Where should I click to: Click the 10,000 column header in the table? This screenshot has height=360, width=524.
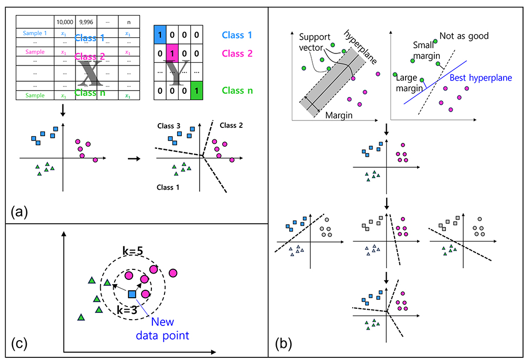[65, 22]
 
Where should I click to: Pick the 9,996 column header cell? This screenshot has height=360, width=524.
[85, 22]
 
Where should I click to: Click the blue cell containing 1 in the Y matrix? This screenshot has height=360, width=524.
[160, 36]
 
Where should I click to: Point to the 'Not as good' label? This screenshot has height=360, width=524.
[464, 36]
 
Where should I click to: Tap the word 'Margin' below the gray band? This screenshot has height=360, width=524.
[339, 115]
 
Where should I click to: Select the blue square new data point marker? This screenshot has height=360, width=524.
[132, 294]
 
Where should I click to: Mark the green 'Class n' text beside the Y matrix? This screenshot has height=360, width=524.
[237, 90]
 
